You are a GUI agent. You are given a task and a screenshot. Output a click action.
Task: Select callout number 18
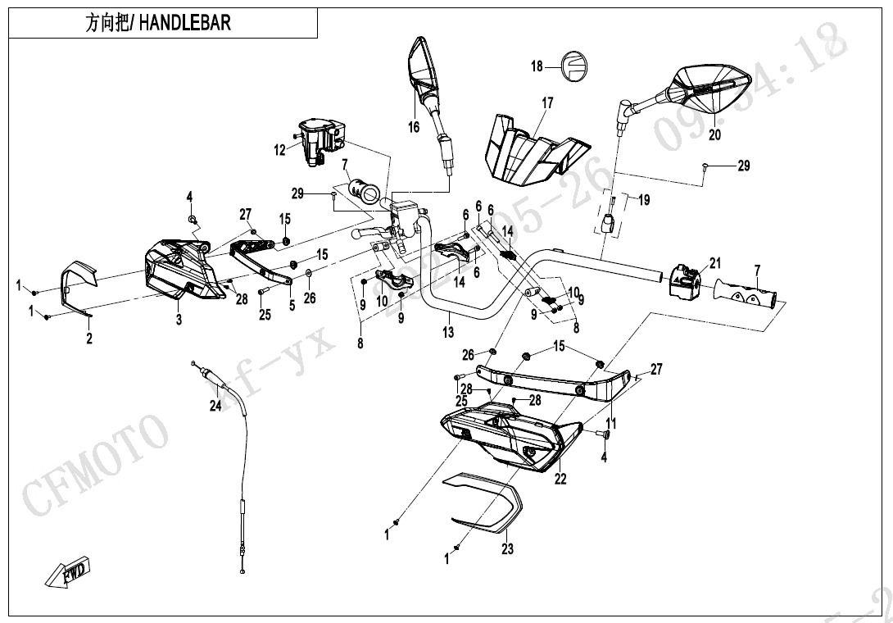(x=537, y=66)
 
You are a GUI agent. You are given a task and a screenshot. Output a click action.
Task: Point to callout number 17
(x=547, y=103)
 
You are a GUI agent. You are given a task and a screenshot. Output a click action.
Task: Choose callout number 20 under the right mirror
(x=714, y=135)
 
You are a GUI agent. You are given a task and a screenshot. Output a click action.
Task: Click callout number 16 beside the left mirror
(x=414, y=126)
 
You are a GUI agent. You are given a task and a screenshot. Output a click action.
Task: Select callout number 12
(x=280, y=150)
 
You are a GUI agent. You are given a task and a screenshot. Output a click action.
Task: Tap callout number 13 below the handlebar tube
(x=447, y=332)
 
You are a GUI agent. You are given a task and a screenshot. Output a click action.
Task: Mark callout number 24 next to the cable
(x=215, y=405)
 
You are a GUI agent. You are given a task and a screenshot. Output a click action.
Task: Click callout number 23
(x=507, y=549)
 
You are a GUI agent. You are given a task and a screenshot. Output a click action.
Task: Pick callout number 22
(x=560, y=480)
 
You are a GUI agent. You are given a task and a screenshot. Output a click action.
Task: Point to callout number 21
(x=715, y=263)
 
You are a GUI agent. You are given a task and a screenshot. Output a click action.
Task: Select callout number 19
(x=644, y=199)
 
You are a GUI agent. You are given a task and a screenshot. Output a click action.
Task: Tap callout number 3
(x=179, y=320)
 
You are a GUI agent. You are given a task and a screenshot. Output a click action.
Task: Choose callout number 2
(x=89, y=337)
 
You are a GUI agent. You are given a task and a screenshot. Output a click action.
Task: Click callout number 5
(x=291, y=305)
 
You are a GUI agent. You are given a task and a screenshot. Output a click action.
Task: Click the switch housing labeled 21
(x=685, y=279)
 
